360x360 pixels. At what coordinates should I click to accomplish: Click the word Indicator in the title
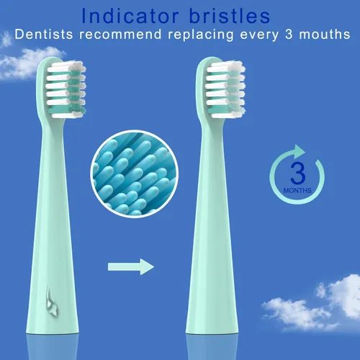(125, 14)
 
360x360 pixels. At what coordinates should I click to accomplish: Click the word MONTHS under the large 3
(298, 191)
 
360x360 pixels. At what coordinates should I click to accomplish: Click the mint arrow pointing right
(131, 267)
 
